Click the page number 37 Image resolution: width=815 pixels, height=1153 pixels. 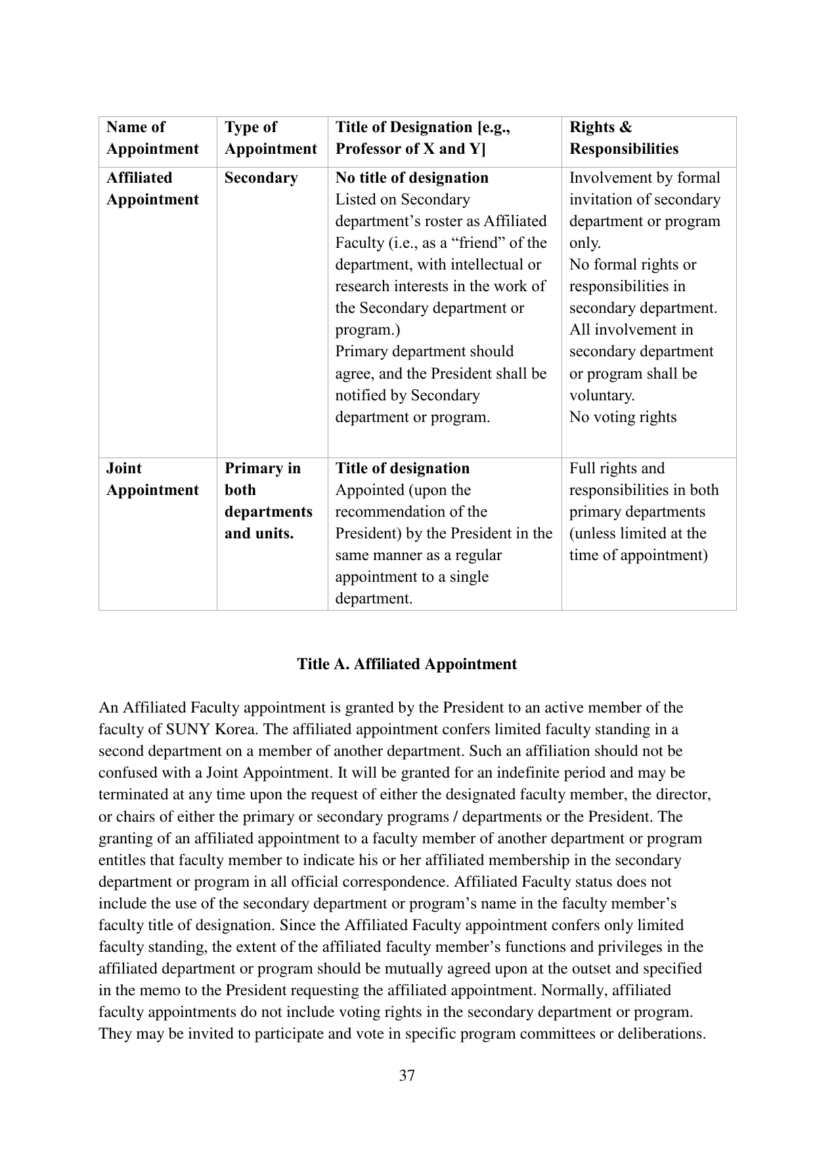(407, 1075)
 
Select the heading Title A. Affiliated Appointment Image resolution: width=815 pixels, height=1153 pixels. (407, 664)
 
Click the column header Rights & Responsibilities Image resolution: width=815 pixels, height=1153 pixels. (623, 138)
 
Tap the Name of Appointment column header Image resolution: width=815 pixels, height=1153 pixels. (152, 138)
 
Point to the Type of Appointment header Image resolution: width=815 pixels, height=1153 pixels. (270, 138)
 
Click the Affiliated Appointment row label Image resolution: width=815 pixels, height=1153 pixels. (152, 189)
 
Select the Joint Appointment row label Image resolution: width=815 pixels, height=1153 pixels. (152, 479)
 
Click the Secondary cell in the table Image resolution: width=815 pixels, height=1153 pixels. (261, 178)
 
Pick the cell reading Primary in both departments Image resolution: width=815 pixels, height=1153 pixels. (268, 501)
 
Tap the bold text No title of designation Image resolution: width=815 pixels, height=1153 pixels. (412, 178)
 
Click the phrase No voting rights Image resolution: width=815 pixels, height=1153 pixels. (623, 417)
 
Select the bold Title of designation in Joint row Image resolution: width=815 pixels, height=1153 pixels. (403, 469)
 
